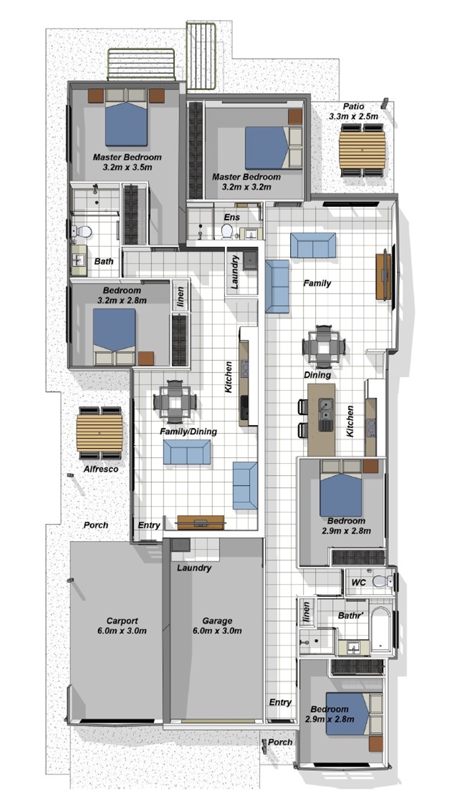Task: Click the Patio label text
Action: point(354,107)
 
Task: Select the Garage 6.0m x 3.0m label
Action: point(217,626)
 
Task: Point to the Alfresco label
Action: point(101,469)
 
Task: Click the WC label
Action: point(358,583)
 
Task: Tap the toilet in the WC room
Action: point(383,580)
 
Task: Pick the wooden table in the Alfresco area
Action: point(100,433)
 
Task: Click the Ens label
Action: point(231,217)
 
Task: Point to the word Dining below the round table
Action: point(317,375)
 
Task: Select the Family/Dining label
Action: point(188,432)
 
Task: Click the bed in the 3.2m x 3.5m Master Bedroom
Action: point(127,122)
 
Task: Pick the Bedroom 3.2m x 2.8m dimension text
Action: point(122,300)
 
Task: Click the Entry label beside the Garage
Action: point(280,702)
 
